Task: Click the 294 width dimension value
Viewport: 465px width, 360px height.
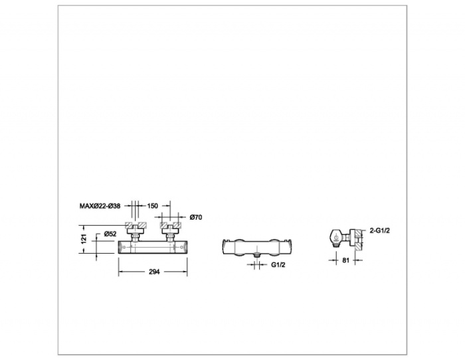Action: pyautogui.click(x=154, y=272)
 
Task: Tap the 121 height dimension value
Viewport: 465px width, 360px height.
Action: pyautogui.click(x=84, y=238)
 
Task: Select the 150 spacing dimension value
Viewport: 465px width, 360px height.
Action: pyautogui.click(x=152, y=205)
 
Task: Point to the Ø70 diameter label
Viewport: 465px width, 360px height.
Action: pyautogui.click(x=196, y=217)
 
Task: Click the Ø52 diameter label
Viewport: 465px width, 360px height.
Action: pyautogui.click(x=110, y=234)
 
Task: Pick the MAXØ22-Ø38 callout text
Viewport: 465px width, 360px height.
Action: pyautogui.click(x=100, y=206)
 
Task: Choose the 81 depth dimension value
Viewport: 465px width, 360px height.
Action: pyautogui.click(x=346, y=260)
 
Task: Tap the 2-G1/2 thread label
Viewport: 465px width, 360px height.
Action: pyautogui.click(x=379, y=230)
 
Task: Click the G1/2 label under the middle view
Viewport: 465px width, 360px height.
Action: pyautogui.click(x=278, y=265)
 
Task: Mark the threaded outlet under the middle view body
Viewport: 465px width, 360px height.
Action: pyautogui.click(x=257, y=255)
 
